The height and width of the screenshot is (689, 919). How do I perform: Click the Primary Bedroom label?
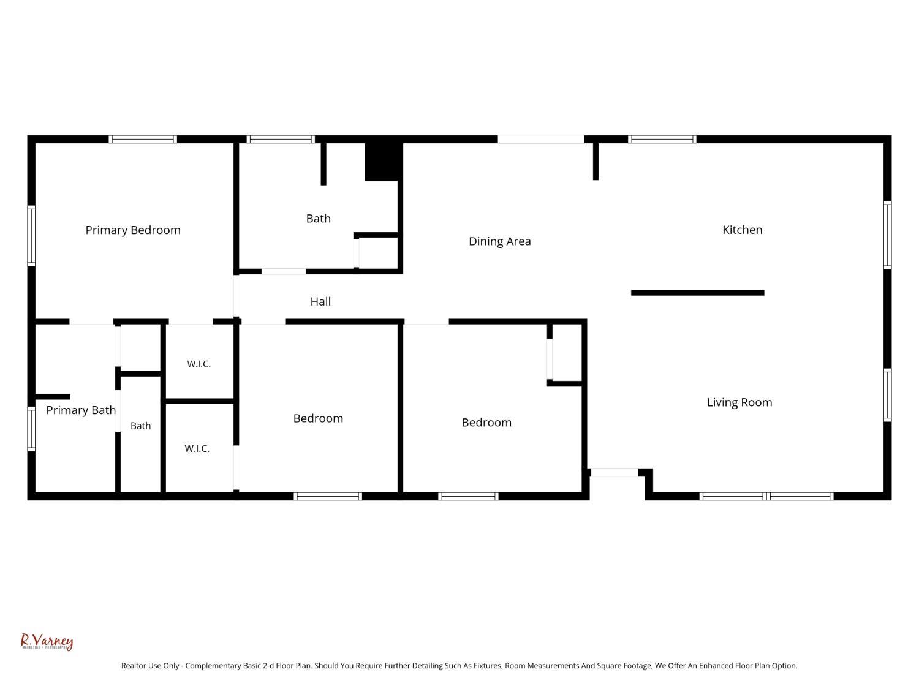point(133,230)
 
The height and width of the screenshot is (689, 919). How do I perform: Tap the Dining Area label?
point(499,241)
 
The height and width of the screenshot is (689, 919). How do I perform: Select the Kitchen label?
point(742,230)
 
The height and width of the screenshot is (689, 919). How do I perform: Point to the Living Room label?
point(739,402)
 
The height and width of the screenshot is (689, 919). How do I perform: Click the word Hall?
point(320,301)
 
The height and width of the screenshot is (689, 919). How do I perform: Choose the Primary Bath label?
point(81,410)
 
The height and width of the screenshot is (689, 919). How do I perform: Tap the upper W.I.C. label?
point(199,364)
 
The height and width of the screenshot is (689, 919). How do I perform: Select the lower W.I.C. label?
point(197,448)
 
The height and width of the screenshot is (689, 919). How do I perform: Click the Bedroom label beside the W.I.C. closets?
point(318,418)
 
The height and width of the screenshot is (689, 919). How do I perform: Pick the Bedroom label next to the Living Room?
point(486,423)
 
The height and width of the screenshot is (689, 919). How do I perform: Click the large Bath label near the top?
point(318,219)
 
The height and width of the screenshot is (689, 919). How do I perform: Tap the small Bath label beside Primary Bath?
point(141,426)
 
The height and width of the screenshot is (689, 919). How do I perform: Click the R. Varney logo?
point(47,641)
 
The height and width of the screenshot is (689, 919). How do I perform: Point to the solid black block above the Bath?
point(384,162)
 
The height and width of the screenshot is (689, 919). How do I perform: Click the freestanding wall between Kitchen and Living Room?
point(697,293)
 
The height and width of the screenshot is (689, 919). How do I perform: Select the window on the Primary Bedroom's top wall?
point(143,139)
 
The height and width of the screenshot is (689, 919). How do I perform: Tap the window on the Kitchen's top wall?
point(662,139)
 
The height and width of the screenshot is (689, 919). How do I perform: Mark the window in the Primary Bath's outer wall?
point(31,429)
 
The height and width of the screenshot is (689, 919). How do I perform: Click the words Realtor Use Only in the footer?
point(150,666)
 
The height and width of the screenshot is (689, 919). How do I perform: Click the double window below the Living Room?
point(766,496)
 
